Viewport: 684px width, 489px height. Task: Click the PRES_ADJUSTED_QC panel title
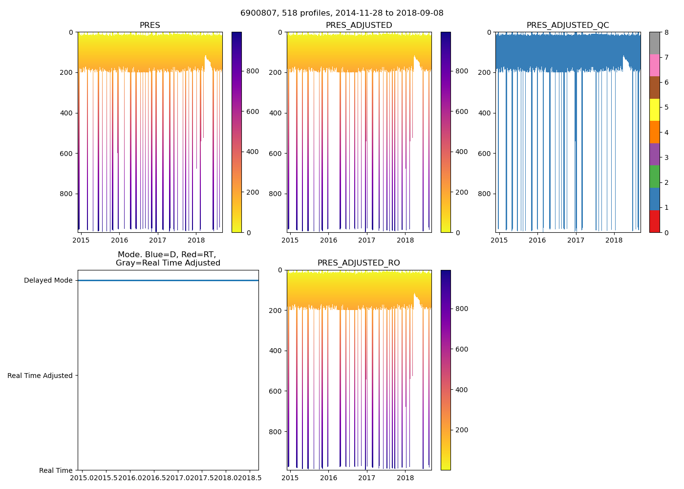tap(567, 25)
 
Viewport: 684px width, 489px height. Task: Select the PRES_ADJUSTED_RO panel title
tap(359, 263)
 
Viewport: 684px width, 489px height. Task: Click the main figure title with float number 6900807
tap(342, 13)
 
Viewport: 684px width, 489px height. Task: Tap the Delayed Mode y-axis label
tap(48, 281)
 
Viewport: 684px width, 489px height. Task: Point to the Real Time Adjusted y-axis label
tap(40, 376)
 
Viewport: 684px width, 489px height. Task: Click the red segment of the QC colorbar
tap(654, 222)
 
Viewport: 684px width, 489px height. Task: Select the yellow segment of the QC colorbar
tap(654, 110)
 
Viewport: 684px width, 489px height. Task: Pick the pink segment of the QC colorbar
tap(654, 66)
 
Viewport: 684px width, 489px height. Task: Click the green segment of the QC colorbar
tap(654, 177)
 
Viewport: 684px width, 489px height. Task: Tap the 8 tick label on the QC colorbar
tap(666, 33)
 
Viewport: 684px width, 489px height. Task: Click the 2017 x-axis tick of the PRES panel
tap(158, 240)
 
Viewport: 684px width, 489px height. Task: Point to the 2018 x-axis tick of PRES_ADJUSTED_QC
tap(614, 240)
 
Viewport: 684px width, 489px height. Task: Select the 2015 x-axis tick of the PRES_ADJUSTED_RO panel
tap(290, 478)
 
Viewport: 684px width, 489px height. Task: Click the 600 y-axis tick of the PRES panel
tap(67, 154)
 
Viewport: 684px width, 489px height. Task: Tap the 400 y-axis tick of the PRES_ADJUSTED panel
tap(277, 113)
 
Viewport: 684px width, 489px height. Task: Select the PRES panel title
tap(150, 25)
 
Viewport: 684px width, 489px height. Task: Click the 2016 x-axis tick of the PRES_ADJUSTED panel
tap(328, 240)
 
